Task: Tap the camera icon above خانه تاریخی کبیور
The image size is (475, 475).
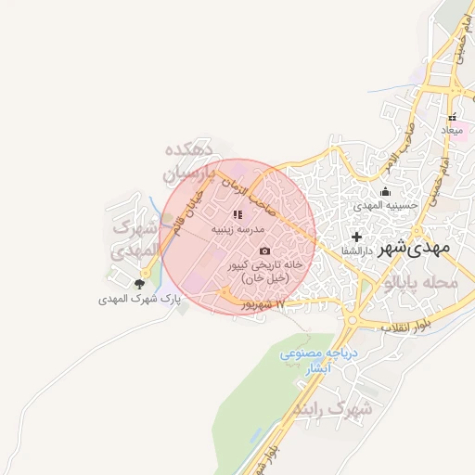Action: click(x=265, y=250)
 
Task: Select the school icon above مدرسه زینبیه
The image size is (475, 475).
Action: click(x=238, y=214)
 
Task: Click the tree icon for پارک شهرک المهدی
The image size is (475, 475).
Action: click(x=139, y=285)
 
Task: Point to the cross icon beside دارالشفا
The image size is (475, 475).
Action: click(x=356, y=237)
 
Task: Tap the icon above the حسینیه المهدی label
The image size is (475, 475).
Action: click(x=385, y=192)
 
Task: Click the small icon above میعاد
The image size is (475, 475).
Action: click(x=453, y=118)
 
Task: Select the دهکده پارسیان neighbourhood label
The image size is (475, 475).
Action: click(x=188, y=160)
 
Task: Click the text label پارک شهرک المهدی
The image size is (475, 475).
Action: click(x=139, y=300)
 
